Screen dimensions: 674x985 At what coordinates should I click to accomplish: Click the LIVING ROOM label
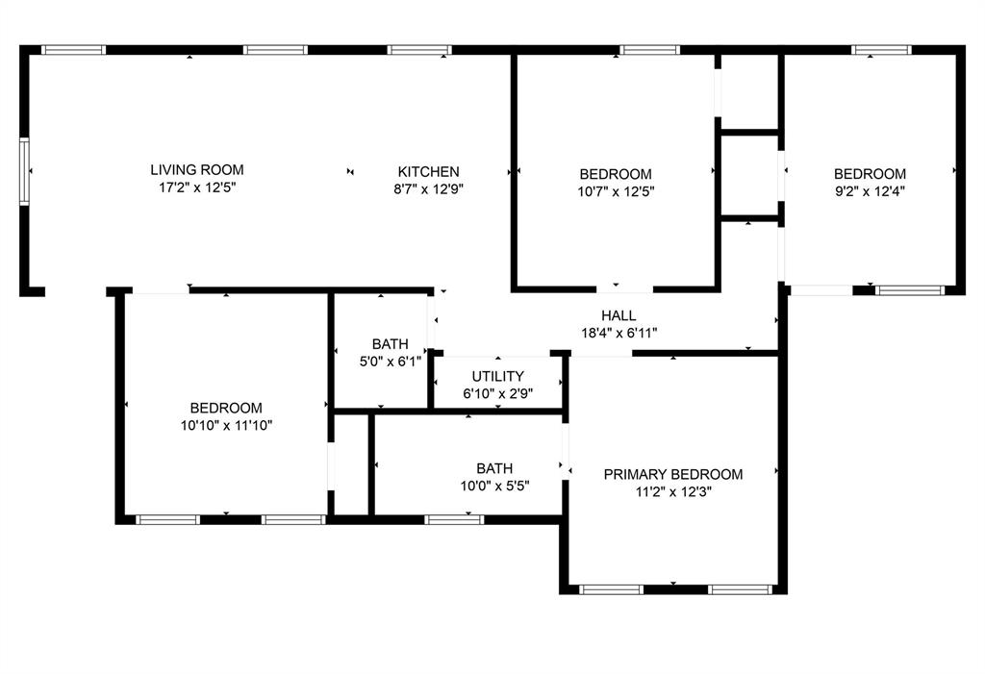tap(197, 170)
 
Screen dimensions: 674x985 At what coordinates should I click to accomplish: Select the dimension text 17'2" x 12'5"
tap(197, 188)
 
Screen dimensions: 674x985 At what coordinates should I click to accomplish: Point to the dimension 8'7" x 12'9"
tap(428, 189)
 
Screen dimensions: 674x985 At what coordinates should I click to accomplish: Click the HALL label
tap(619, 315)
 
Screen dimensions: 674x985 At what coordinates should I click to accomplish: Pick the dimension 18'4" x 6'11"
tap(619, 333)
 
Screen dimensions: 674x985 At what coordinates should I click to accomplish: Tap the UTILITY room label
tap(497, 376)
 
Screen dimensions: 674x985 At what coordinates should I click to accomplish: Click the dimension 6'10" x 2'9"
tap(497, 393)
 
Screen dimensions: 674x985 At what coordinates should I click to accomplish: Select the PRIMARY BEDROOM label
tap(673, 474)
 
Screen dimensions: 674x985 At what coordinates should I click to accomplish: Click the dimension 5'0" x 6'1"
tap(390, 362)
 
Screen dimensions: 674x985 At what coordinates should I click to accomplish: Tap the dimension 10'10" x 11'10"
tap(226, 425)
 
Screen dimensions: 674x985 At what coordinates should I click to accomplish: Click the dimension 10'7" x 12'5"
tap(616, 191)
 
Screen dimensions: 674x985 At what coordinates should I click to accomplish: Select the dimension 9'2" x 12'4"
tap(870, 191)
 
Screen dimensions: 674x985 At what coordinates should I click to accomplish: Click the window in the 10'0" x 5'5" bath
tap(454, 520)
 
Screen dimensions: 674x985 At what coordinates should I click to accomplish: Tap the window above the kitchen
tap(419, 50)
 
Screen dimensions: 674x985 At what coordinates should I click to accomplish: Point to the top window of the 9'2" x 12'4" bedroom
tap(881, 50)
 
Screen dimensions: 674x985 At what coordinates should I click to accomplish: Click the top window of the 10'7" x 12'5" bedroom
tap(649, 50)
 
